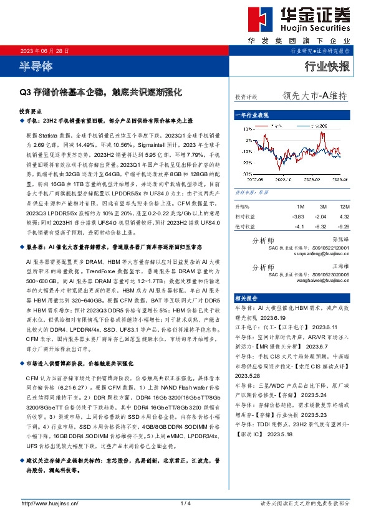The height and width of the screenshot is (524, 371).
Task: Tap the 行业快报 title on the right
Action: [x=328, y=66]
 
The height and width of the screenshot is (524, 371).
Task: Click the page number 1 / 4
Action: [x=185, y=503]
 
